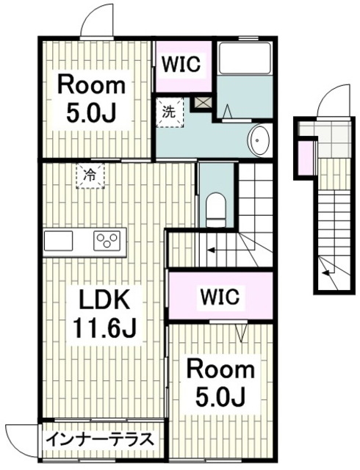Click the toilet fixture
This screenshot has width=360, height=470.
[216, 209]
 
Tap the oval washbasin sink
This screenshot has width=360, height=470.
[259, 140]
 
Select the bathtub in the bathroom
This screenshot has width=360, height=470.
[245, 59]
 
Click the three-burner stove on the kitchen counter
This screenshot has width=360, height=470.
[107, 240]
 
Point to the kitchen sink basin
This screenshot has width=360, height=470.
[58, 240]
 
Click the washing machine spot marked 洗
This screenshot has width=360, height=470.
[170, 112]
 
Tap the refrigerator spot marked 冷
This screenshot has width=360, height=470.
[90, 176]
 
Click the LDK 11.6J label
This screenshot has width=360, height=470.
[104, 314]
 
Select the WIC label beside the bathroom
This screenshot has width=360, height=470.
[181, 64]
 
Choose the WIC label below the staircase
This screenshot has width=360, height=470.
[220, 297]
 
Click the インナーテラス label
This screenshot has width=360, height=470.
[99, 440]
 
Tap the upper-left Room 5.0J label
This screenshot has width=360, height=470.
[91, 100]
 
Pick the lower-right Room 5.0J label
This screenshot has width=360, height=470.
[221, 384]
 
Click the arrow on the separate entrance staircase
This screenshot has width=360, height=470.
[327, 272]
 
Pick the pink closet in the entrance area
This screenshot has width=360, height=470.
[306, 158]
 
